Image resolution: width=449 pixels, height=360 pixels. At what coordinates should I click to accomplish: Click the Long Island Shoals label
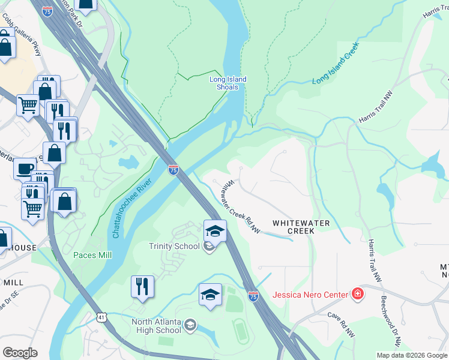coord(228,83)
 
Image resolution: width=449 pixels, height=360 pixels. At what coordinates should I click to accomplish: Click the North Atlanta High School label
coord(156,325)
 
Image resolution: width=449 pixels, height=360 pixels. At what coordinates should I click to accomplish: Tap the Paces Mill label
coord(92,255)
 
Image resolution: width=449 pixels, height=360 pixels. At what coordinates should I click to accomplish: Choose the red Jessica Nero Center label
coord(310,294)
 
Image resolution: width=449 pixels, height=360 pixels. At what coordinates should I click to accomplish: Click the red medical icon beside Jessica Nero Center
coord(357,293)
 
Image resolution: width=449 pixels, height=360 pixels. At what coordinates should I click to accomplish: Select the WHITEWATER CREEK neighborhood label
coord(294,226)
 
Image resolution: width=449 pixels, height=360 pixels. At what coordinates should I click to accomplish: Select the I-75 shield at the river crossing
coord(173,170)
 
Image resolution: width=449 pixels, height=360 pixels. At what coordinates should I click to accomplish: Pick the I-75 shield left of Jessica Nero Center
coord(253,296)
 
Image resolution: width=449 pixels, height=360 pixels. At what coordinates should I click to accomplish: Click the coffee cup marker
coord(25,168)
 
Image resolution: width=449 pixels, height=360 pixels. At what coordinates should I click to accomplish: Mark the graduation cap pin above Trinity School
coord(215,230)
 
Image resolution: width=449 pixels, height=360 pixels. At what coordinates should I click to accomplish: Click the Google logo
coord(19,353)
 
